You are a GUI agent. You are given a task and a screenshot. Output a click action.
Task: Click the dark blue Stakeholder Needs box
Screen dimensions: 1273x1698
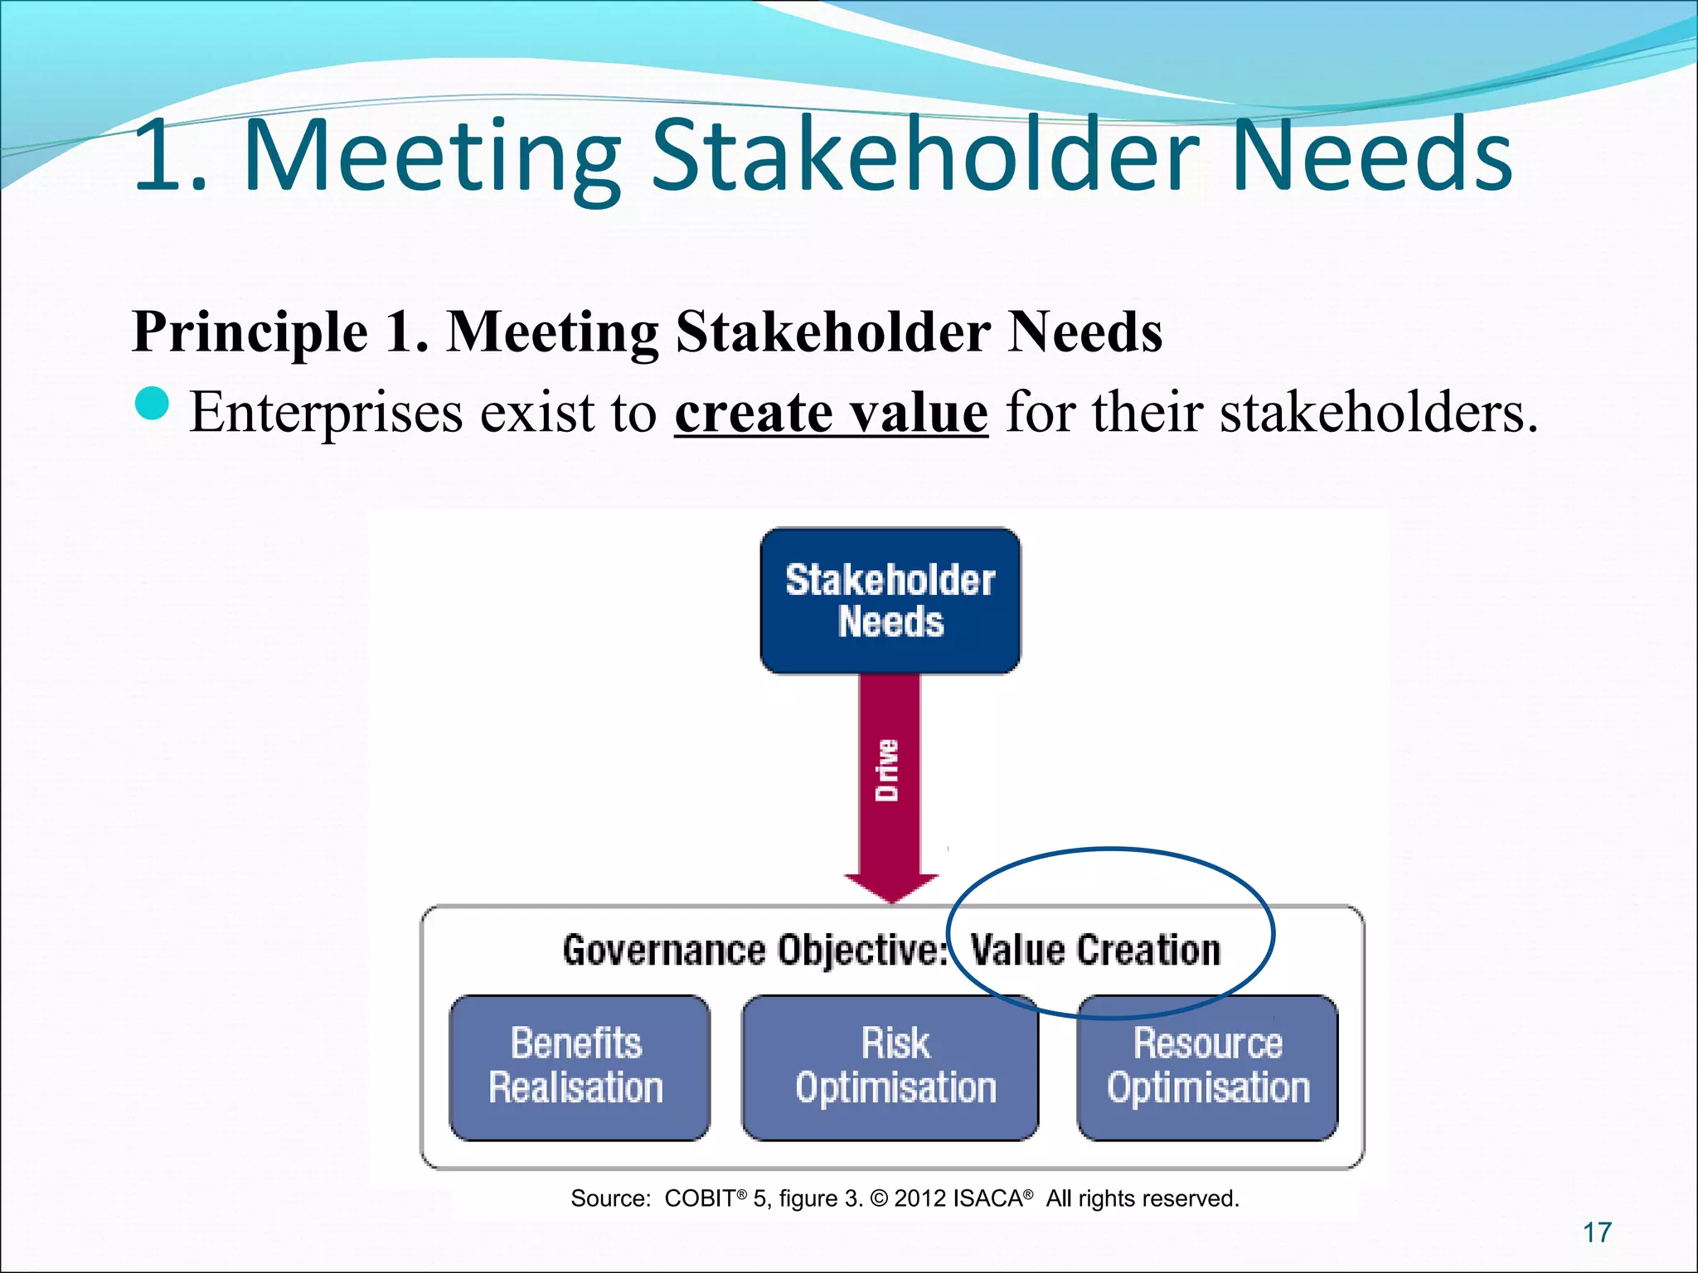click(890, 600)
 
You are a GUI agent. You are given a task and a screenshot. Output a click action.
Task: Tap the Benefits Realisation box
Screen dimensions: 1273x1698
click(578, 1067)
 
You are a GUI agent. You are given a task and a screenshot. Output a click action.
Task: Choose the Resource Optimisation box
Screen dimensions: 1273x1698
click(1208, 1067)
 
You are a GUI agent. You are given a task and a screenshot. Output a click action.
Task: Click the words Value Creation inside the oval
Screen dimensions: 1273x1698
click(1095, 950)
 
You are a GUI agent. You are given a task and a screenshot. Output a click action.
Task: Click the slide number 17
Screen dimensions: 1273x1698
click(1597, 1232)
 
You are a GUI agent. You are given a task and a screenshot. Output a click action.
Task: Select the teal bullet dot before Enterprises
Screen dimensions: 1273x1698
click(151, 405)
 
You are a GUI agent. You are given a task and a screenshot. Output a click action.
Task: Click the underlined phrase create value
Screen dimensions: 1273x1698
click(831, 412)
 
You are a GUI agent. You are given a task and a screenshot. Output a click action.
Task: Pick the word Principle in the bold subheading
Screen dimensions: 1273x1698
click(250, 332)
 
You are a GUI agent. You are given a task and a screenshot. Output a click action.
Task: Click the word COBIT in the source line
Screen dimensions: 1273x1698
click(699, 1198)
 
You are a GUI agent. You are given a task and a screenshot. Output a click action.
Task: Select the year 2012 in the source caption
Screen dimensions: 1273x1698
click(920, 1198)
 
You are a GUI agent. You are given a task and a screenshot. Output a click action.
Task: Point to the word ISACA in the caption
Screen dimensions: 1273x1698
click(987, 1198)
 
